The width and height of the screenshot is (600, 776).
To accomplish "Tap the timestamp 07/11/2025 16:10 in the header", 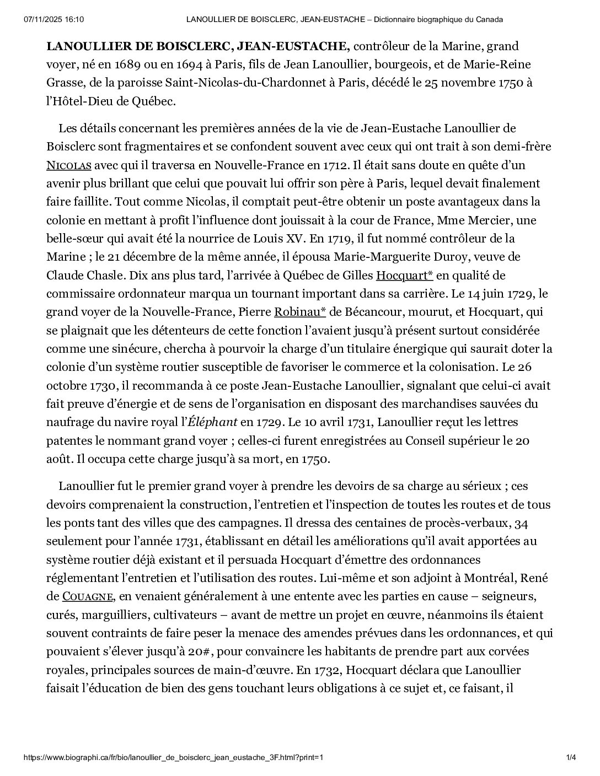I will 54,20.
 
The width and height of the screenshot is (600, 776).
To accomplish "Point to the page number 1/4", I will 571,757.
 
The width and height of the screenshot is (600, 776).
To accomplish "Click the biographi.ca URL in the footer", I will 173,757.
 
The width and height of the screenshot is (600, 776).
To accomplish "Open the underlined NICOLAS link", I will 68,165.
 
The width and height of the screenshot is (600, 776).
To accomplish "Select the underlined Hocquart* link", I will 404,275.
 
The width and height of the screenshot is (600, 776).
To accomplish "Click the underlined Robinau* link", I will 300,312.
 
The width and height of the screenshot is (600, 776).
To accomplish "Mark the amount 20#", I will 198,651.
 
